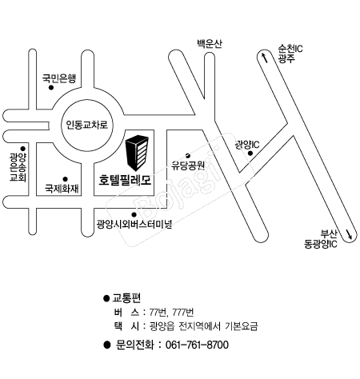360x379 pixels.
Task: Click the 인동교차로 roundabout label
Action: click(x=87, y=125)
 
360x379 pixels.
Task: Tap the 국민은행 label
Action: click(x=59, y=78)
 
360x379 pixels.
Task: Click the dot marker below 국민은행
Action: click(x=51, y=88)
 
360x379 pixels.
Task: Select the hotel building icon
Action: click(x=137, y=153)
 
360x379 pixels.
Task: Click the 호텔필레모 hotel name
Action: click(x=125, y=180)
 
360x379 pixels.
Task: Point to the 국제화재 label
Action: click(x=62, y=189)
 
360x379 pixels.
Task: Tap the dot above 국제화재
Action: click(x=65, y=179)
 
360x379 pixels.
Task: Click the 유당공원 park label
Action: click(x=188, y=166)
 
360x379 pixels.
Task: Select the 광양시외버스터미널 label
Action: click(x=134, y=224)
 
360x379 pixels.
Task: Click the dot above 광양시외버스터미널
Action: click(x=134, y=214)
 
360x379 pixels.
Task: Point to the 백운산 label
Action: click(x=210, y=43)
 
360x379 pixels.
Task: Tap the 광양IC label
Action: click(x=246, y=145)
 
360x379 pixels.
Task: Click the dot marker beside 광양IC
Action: click(x=250, y=153)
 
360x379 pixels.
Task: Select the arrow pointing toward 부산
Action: click(x=350, y=234)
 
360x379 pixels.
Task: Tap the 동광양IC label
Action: click(x=321, y=244)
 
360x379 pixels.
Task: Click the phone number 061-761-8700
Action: click(x=197, y=345)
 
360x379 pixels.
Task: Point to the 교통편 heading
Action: click(x=126, y=297)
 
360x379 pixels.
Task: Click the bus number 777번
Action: click(x=183, y=312)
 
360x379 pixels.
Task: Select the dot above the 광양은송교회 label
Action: click(x=23, y=149)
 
